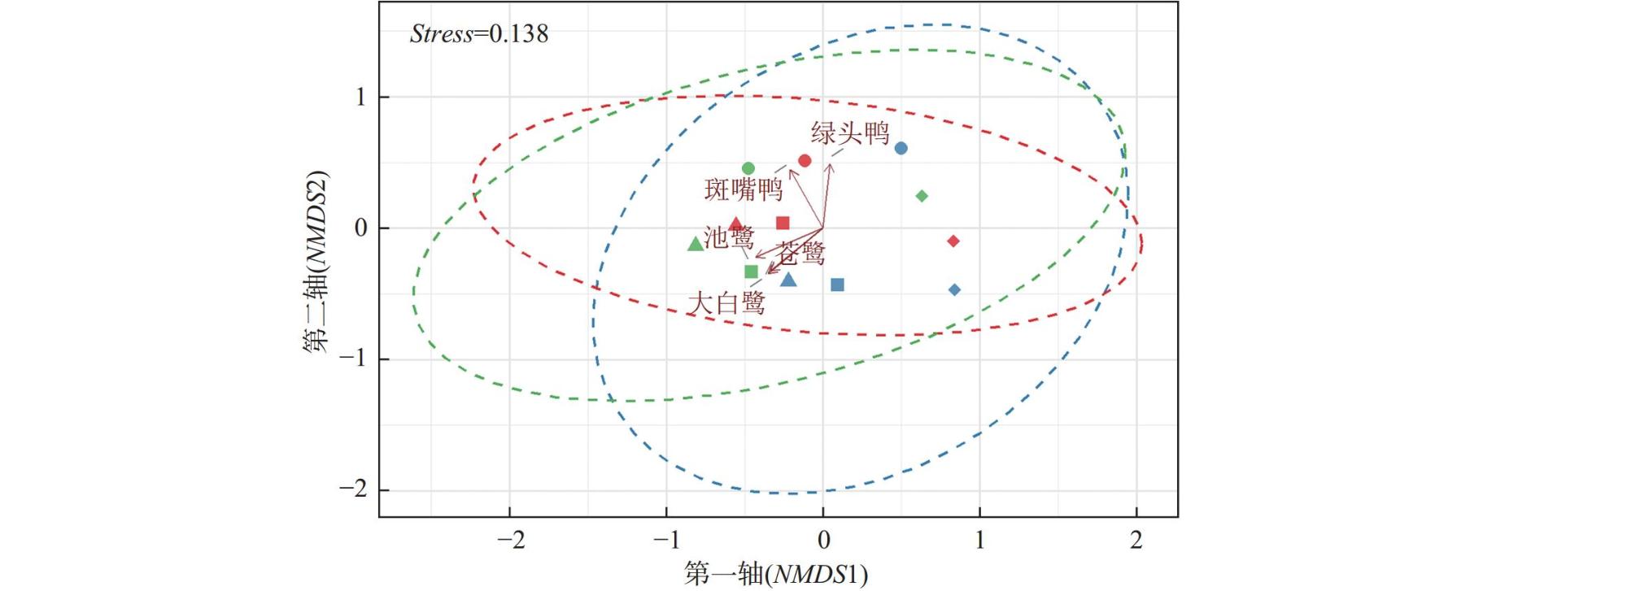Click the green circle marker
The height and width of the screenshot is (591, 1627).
pyautogui.click(x=748, y=168)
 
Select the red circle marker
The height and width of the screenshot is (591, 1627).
pyautogui.click(x=805, y=161)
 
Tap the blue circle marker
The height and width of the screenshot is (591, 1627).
pyautogui.click(x=901, y=148)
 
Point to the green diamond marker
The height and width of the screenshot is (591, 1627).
pyautogui.click(x=922, y=196)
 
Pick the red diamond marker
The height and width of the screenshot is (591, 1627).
pyautogui.click(x=953, y=241)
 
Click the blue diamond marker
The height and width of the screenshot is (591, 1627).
pyautogui.click(x=954, y=289)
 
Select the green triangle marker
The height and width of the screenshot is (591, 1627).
pyautogui.click(x=696, y=244)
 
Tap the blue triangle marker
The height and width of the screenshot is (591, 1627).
pyautogui.click(x=787, y=280)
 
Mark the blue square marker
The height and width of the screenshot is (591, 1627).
pyautogui.click(x=837, y=285)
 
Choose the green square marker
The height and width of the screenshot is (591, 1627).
pyautogui.click(x=751, y=272)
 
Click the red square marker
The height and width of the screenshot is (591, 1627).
pyautogui.click(x=783, y=223)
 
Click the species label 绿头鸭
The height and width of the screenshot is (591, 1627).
pyautogui.click(x=850, y=133)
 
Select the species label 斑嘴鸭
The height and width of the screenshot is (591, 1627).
pyautogui.click(x=743, y=189)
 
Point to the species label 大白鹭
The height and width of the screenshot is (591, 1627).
pyautogui.click(x=726, y=303)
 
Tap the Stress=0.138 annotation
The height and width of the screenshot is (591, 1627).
pyautogui.click(x=479, y=34)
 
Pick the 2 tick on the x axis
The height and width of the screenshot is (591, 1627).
pyautogui.click(x=1136, y=539)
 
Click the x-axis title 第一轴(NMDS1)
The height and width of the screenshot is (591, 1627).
pyautogui.click(x=775, y=574)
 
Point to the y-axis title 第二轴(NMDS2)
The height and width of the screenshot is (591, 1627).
pyautogui.click(x=316, y=262)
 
